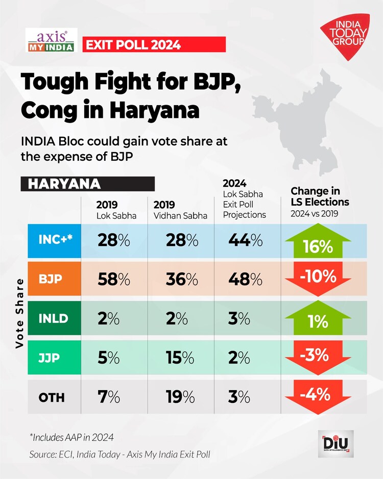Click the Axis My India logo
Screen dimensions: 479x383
click(50, 40)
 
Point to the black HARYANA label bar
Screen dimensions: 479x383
click(87, 184)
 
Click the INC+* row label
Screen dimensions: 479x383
click(57, 240)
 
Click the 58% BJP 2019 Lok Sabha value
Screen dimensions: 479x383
click(113, 280)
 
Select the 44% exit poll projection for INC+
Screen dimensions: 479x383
click(246, 241)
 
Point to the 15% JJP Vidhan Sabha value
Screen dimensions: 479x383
click(180, 358)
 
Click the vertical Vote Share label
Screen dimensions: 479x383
click(19, 313)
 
